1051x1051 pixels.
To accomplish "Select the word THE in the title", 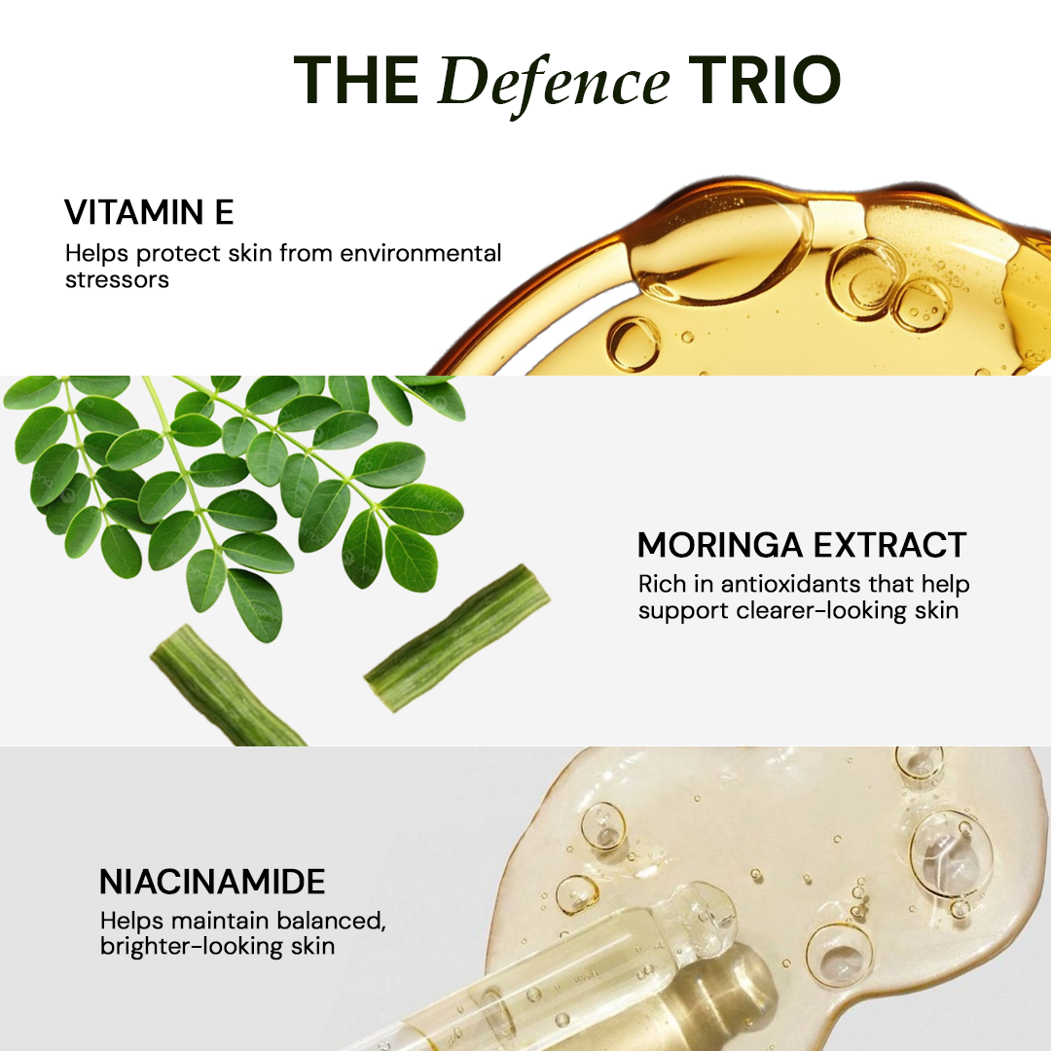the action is pyautogui.click(x=356, y=81).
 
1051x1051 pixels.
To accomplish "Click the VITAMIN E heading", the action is pyautogui.click(x=149, y=212).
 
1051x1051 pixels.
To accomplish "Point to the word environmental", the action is pyautogui.click(x=420, y=253).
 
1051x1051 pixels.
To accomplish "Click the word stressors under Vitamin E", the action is pyautogui.click(x=117, y=279).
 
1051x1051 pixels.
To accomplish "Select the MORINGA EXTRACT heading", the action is pyautogui.click(x=802, y=545).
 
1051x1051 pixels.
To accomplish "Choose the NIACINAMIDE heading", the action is pyautogui.click(x=212, y=882).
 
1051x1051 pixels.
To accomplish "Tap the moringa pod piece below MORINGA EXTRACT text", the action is pyautogui.click(x=457, y=637).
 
